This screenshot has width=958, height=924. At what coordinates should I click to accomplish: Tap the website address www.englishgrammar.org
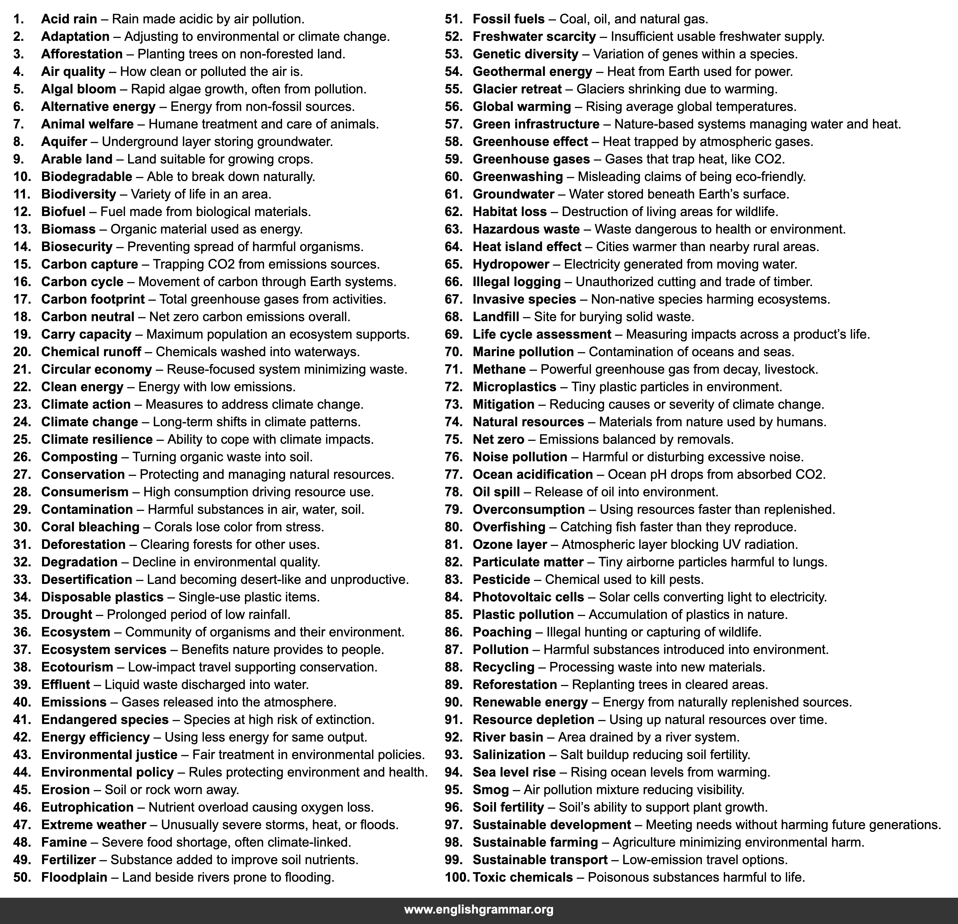pos(479,909)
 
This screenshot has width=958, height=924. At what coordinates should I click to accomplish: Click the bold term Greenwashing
pos(518,176)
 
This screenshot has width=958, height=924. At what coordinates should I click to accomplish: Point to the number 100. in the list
pos(456,877)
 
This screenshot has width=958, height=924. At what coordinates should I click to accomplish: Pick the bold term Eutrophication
pos(87,807)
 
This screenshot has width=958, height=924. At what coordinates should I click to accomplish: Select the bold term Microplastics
pos(514,387)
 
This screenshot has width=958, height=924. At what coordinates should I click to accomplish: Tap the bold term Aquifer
pos(64,142)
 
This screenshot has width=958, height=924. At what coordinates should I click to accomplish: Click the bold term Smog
pos(491,790)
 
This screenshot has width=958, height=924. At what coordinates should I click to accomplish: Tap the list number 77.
pos(453,474)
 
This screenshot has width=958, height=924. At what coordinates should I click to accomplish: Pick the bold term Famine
pos(64,842)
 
